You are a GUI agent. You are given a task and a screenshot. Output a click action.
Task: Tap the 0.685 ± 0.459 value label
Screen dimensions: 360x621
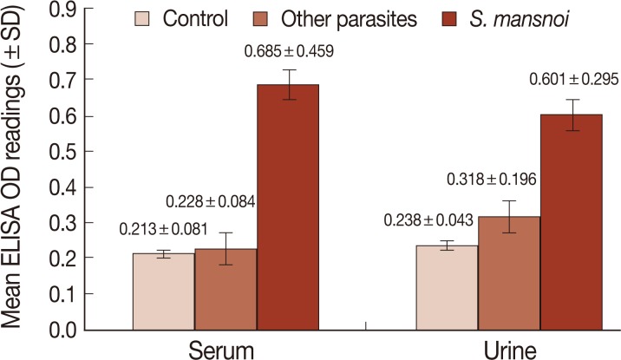[288, 53]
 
